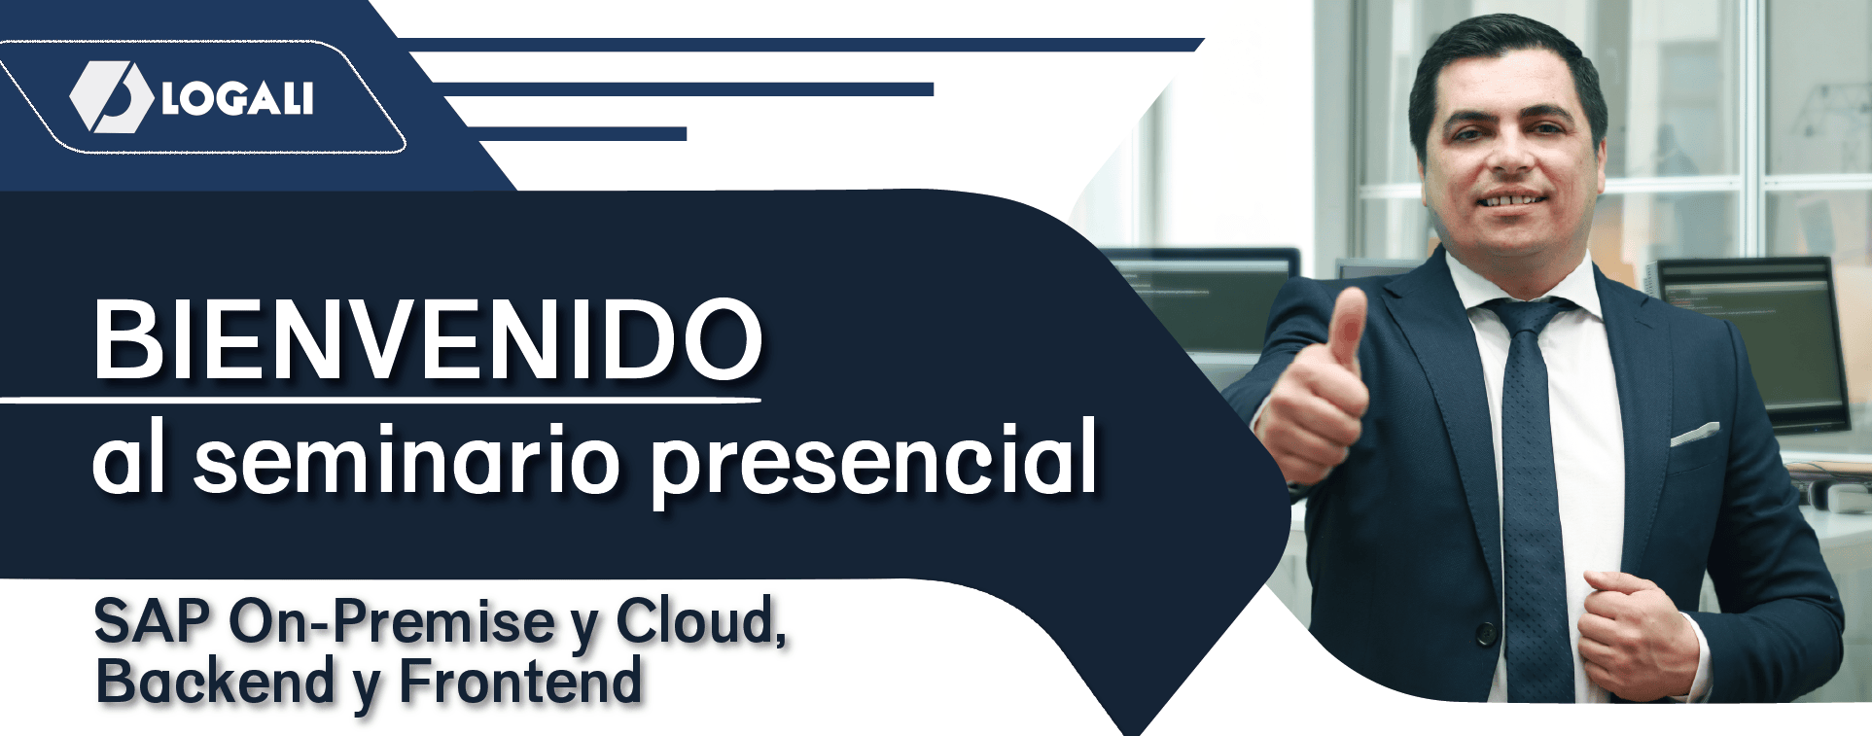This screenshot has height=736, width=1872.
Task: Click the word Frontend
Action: click(x=520, y=681)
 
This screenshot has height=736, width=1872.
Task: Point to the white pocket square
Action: click(x=1695, y=434)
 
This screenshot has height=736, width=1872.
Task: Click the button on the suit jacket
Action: click(x=1487, y=633)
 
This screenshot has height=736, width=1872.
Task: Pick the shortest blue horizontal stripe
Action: click(x=578, y=134)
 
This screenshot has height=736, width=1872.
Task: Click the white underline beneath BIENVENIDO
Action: click(x=380, y=399)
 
